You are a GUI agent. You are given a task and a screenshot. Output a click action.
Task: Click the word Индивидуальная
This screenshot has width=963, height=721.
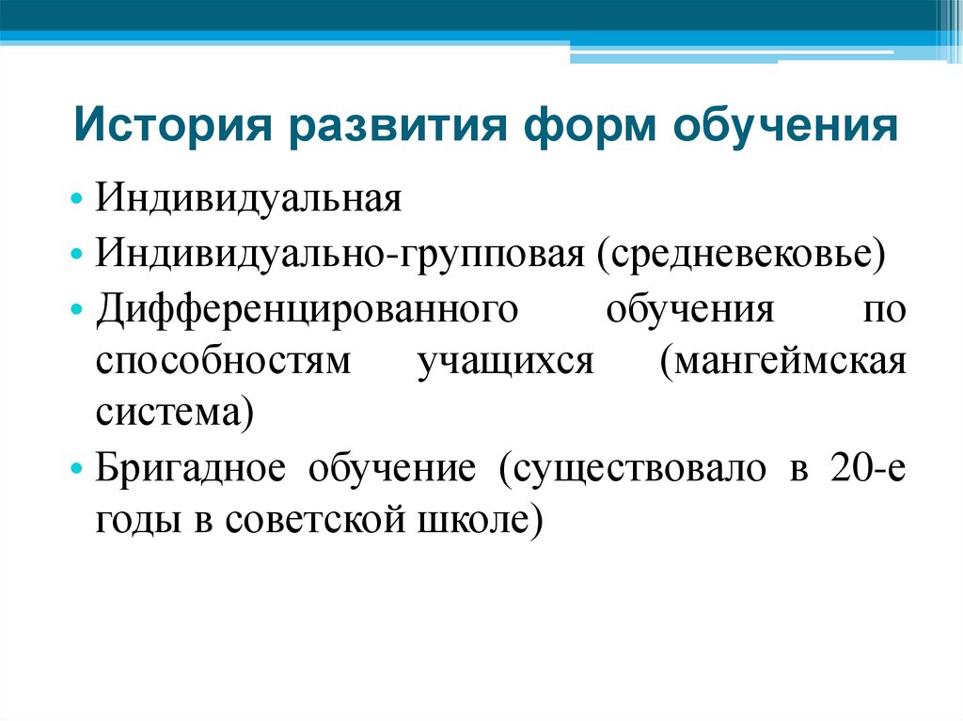[x=248, y=201]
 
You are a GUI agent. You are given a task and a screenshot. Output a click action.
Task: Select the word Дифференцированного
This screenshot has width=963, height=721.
[x=307, y=310]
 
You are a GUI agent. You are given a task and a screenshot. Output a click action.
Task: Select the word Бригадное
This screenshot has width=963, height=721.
[x=190, y=468]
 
